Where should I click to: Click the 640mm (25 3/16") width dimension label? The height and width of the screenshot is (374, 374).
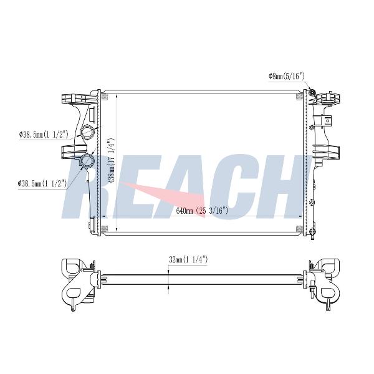[x=202, y=211]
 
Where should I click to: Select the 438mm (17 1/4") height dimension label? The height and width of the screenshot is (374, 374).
[x=111, y=161]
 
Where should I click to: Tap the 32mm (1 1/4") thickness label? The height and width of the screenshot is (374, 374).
[x=188, y=259]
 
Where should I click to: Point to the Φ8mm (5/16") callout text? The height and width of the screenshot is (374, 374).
[x=287, y=76]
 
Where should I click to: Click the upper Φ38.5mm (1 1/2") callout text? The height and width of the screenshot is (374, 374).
[x=44, y=135]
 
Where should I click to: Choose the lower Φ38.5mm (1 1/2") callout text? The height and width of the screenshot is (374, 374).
[x=42, y=183]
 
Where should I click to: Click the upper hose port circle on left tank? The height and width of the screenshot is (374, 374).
[x=87, y=132]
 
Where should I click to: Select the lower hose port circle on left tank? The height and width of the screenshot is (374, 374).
[x=87, y=161]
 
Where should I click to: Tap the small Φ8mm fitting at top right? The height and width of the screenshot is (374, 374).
[x=312, y=92]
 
